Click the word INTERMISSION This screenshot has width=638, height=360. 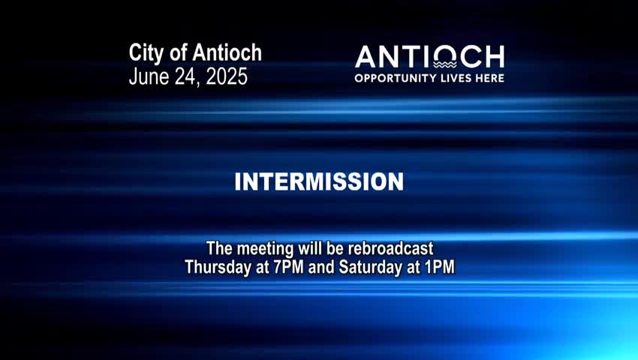pos(319,182)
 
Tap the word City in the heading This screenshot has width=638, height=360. pos(146,53)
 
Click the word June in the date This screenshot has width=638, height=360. pos(149,76)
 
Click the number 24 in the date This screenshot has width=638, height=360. pos(185,76)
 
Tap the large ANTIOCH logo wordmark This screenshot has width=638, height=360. pos(429,58)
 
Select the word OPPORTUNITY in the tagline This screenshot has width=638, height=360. pos(393,78)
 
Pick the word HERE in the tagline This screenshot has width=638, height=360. pos(489,78)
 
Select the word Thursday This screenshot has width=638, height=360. pos(218,266)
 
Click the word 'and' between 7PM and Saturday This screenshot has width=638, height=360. pos(322,266)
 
